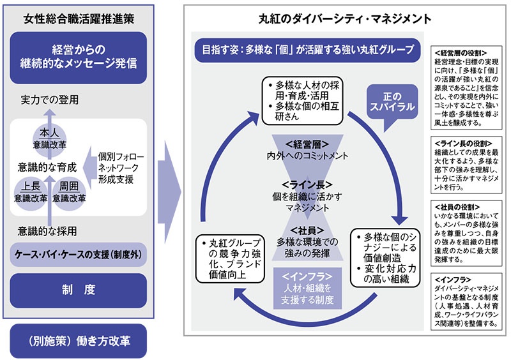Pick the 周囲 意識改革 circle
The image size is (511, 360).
click(69, 192)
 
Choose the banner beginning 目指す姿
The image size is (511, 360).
click(308, 49)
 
